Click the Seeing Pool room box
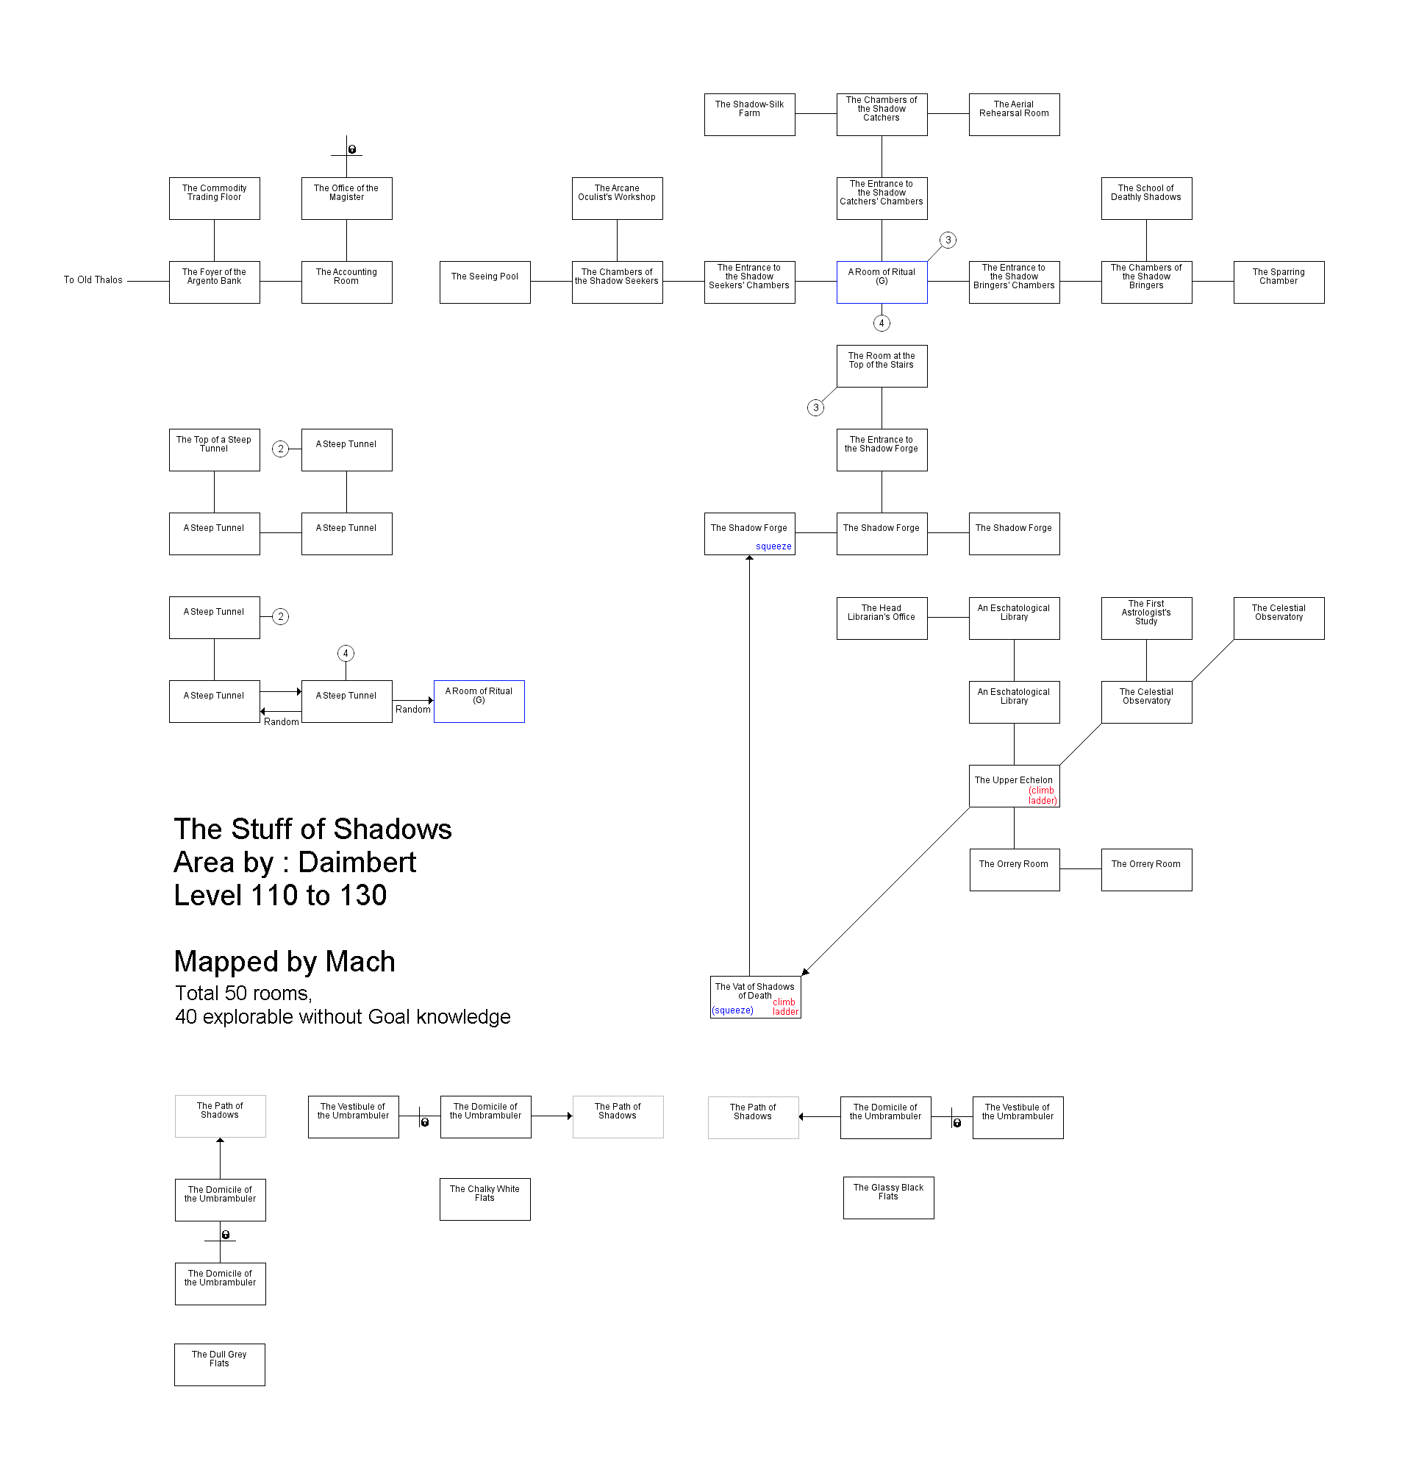[x=484, y=282]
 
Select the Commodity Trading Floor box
[x=215, y=199]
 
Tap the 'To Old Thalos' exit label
[x=93, y=280]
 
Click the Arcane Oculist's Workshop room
[x=617, y=199]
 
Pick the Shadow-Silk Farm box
[x=748, y=115]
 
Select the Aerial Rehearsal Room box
[x=1014, y=115]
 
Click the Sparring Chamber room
[x=1278, y=282]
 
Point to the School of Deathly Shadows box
[x=1145, y=199]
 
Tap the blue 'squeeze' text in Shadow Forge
[x=773, y=546]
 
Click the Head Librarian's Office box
[x=881, y=618]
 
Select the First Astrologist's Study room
[x=1145, y=618]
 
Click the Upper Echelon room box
[x=1014, y=786]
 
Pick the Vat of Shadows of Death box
[x=755, y=996]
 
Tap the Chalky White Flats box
[x=484, y=1199]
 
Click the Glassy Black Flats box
[x=887, y=1197]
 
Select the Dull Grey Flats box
[x=219, y=1364]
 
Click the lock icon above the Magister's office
[x=351, y=149]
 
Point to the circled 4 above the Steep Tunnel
[x=346, y=653]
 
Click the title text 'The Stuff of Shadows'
[x=312, y=829]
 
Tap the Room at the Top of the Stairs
[x=881, y=366]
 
